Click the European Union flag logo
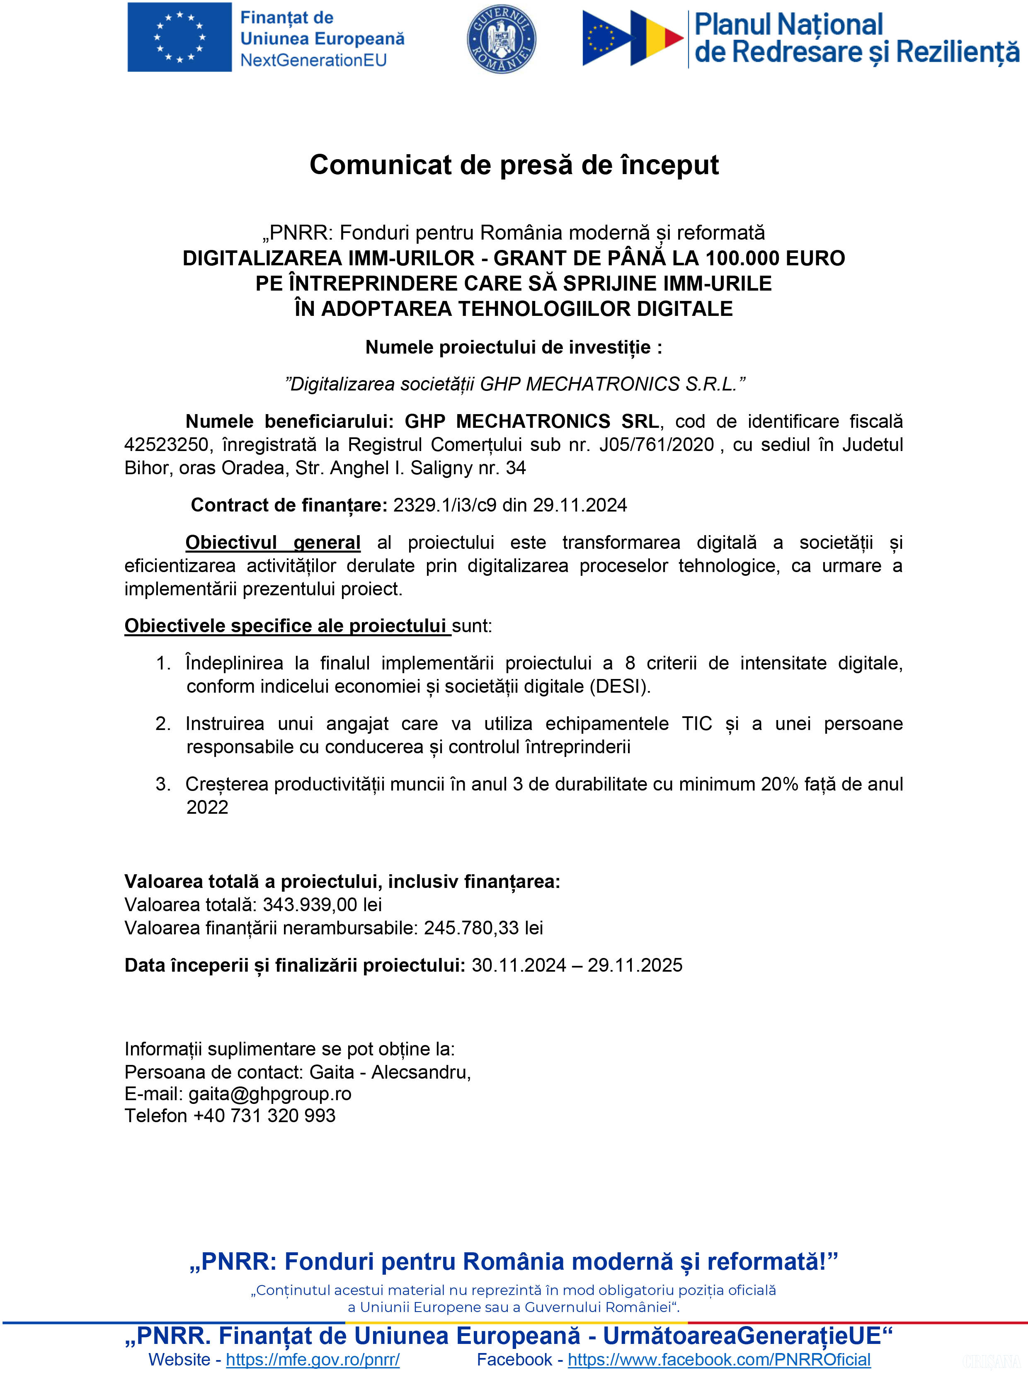[x=179, y=37]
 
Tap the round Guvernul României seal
[x=501, y=39]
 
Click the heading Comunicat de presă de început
[x=514, y=165]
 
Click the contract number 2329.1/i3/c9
[x=444, y=505]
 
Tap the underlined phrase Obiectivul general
[x=273, y=542]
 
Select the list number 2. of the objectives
[x=163, y=723]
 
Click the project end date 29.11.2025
[x=635, y=965]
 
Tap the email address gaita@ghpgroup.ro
[x=270, y=1094]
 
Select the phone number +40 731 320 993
[x=264, y=1115]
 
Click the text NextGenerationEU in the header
[x=313, y=60]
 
